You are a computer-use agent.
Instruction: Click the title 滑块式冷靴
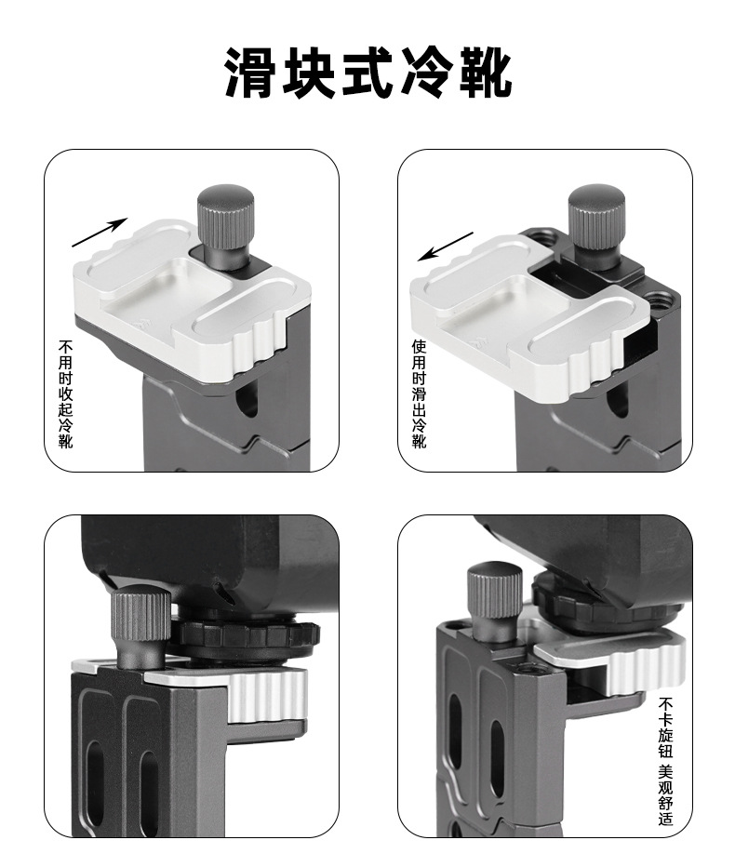pos(367,75)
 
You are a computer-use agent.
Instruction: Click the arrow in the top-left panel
pos(100,232)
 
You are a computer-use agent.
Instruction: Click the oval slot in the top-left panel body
pos(244,401)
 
